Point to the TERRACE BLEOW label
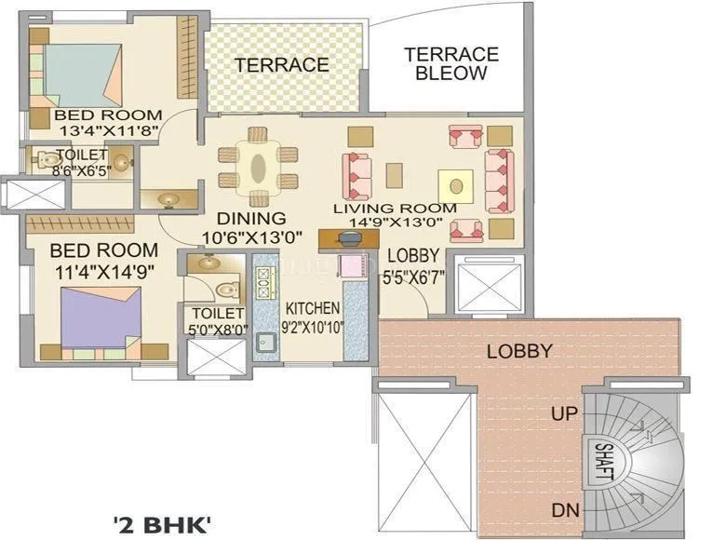point(450,63)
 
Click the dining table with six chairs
point(259,169)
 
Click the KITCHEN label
point(312,308)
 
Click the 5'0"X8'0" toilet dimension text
point(217,328)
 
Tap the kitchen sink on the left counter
point(265,341)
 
